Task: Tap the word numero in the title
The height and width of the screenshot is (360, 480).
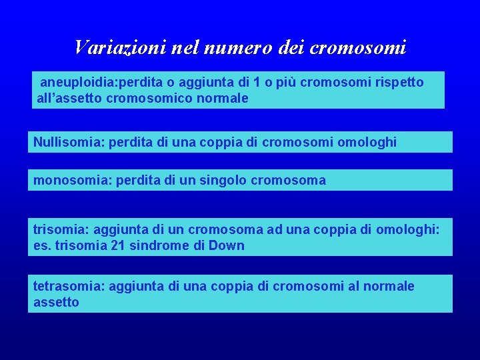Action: point(229,47)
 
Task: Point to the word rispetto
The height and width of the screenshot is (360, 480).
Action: point(399,82)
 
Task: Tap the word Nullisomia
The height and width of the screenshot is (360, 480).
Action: point(63,142)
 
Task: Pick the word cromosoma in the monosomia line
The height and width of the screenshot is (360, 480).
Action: point(289,180)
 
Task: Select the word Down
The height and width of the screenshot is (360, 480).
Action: point(229,245)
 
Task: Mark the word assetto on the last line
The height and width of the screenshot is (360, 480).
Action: point(56,302)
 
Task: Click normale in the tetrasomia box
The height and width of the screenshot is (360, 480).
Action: point(390,286)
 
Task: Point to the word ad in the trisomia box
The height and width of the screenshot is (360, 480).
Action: point(275,229)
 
